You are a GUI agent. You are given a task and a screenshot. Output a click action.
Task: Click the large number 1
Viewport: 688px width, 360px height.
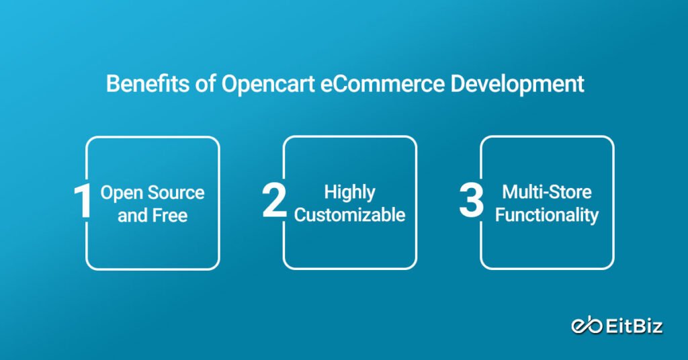[83, 202]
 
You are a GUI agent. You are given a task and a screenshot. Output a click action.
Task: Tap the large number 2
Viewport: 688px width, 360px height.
[275, 202]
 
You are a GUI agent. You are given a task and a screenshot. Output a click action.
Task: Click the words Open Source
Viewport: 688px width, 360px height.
[153, 193]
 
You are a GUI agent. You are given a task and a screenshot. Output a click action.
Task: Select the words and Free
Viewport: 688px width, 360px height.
[153, 216]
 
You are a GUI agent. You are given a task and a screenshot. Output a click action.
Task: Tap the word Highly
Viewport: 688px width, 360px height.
[349, 192]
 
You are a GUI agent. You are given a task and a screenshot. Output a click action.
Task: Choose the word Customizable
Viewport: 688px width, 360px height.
[349, 216]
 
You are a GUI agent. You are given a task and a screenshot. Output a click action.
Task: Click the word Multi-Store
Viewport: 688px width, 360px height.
[547, 192]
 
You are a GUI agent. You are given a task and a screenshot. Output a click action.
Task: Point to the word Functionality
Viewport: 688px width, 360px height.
[547, 216]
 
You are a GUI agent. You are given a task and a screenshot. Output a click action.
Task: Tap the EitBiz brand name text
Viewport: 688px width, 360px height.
[634, 326]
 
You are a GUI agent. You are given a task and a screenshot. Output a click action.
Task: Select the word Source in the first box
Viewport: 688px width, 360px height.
[177, 193]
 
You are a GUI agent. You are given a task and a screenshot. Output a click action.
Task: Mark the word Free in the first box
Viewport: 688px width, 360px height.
[171, 216]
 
